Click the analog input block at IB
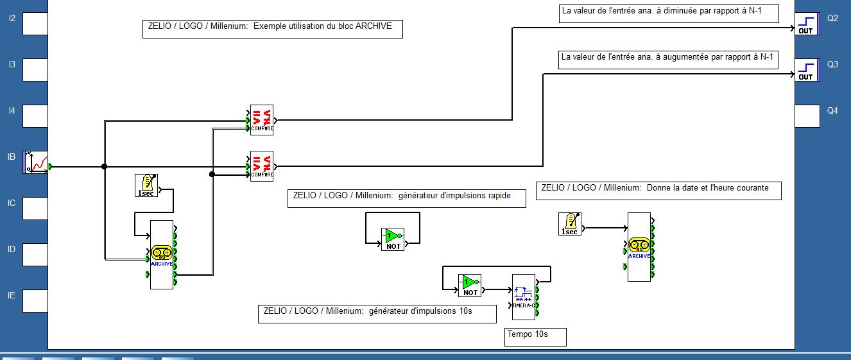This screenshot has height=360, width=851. point(37,162)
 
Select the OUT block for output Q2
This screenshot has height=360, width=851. point(807,24)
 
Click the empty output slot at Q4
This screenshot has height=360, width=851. point(807,116)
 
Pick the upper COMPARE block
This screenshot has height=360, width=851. point(262,120)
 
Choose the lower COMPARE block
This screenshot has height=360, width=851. point(262,166)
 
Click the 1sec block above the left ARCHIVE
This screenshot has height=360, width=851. point(146,185)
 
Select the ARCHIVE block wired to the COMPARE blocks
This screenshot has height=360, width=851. point(162,255)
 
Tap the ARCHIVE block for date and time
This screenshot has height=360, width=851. point(639,247)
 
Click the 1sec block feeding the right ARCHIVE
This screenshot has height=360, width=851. point(569,224)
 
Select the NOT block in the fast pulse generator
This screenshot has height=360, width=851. point(393,239)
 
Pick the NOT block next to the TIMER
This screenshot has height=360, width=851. point(470,285)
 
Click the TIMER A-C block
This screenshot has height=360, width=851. point(523,297)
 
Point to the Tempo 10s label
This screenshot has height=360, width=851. point(528,334)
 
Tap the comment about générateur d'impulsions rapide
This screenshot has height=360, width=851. point(406,196)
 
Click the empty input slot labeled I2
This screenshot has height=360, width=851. point(35,24)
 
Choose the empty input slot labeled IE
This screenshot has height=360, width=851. point(35,301)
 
